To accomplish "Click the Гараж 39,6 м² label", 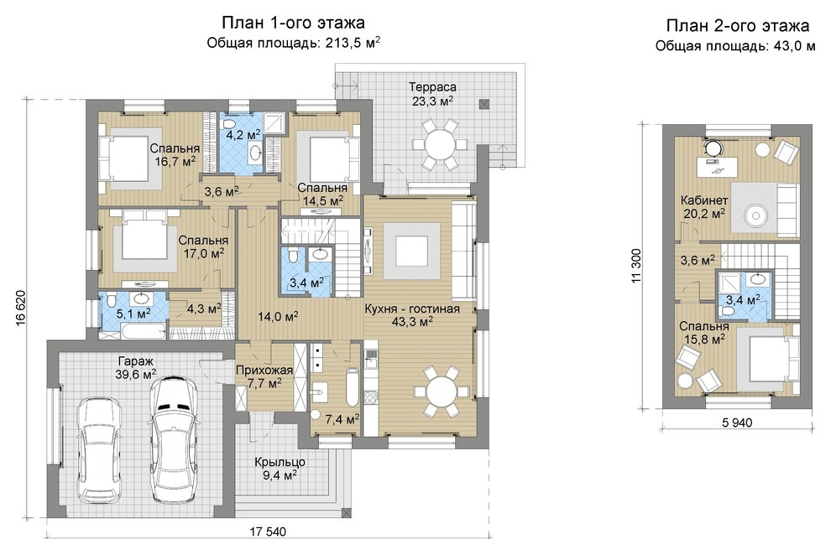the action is point(137,368).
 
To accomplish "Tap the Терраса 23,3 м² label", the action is point(432,94).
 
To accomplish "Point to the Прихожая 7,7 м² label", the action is point(264,376).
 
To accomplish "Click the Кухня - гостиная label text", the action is point(412,309).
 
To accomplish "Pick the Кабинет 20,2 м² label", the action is point(703,207).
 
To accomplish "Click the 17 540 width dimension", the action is point(268,532).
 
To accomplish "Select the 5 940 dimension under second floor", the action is point(737,423).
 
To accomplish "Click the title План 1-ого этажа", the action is point(293,23).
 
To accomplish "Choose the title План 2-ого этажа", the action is point(738,25).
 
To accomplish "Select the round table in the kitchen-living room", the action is point(442,391).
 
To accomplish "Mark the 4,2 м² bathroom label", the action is point(243,134).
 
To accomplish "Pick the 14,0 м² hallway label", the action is point(278,316).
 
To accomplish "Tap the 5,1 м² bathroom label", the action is point(133,314).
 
